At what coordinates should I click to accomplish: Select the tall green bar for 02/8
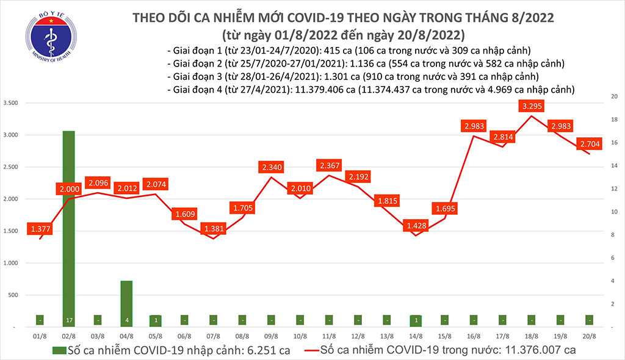point(69,229)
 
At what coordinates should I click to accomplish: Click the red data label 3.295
point(532,106)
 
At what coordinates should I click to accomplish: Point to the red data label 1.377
point(40,229)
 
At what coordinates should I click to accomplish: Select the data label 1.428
point(416,226)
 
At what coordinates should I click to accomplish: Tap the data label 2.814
point(502,137)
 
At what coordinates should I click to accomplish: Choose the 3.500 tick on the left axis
point(12,103)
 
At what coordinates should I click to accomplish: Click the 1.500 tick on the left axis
point(12,231)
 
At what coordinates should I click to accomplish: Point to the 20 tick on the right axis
point(612,97)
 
